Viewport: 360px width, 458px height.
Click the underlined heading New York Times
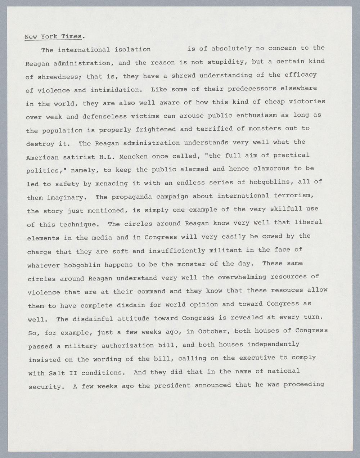pyautogui.click(x=54, y=36)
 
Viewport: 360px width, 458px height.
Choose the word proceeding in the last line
pyautogui.click(x=304, y=384)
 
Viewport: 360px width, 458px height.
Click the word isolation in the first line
pyautogui.click(x=132, y=49)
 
